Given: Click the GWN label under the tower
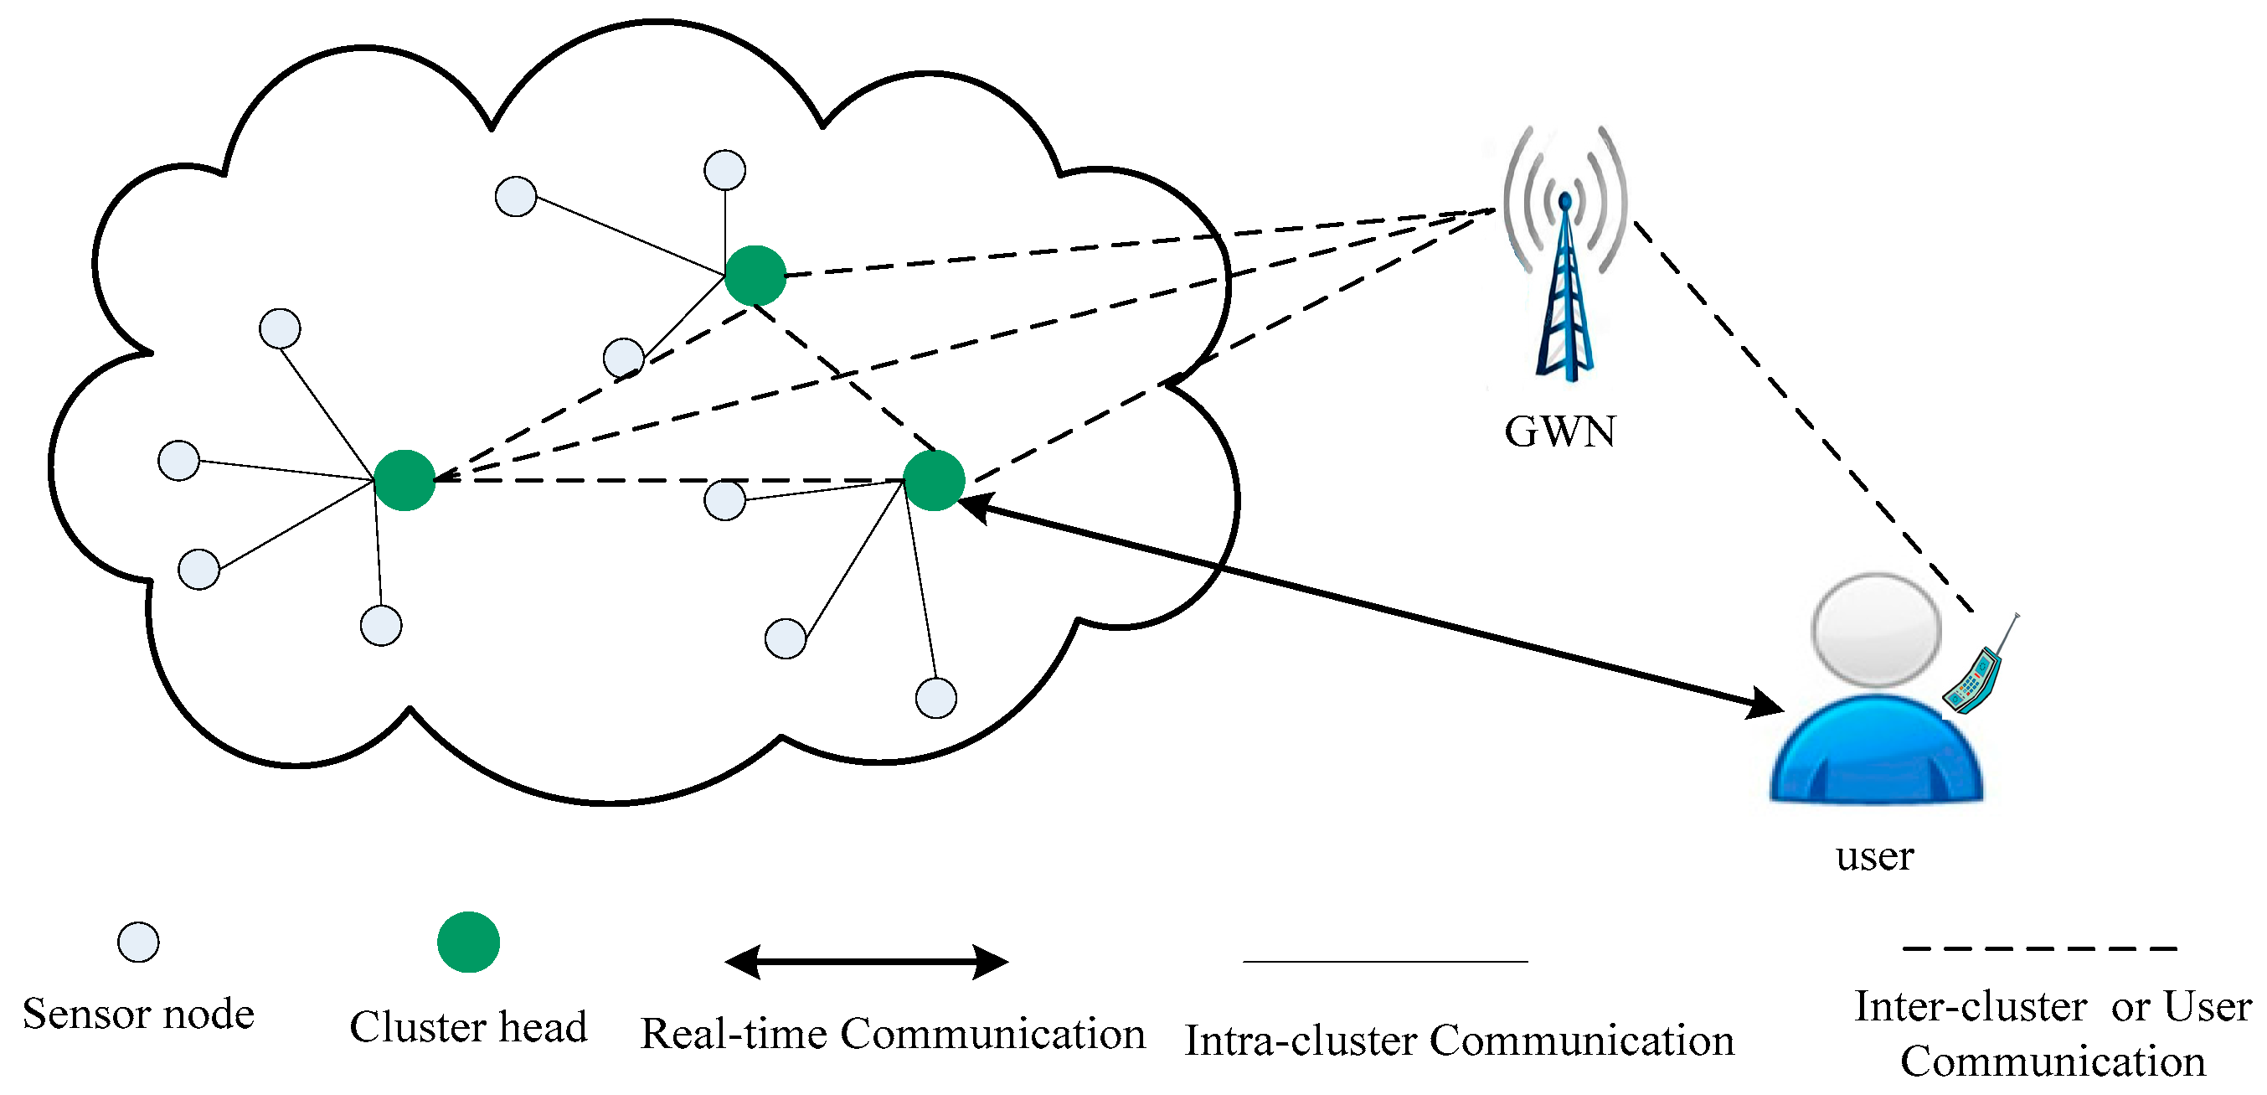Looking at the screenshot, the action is coord(1560,431).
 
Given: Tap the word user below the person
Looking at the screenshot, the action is coord(1874,856).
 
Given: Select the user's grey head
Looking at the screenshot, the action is coord(1876,630).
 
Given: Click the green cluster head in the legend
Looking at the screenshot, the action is coord(468,942).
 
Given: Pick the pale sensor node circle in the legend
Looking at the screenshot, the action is coord(138,942).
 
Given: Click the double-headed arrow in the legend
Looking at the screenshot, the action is coord(866,962).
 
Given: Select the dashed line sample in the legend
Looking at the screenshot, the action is coord(2040,949).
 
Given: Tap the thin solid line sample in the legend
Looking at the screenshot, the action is coord(1385,961).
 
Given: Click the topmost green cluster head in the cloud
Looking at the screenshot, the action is coord(755,276).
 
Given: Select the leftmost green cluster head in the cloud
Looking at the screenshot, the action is coord(404,481).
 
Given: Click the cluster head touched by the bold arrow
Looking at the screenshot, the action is coord(934,481).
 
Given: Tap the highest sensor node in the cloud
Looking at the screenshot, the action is coord(724,170).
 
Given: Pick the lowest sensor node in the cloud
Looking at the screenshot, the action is coord(935,698).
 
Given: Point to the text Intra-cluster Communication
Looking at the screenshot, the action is coord(1459,1041).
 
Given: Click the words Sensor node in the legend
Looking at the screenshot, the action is coord(138,1014).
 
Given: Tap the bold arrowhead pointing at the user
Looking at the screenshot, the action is coord(1765,705).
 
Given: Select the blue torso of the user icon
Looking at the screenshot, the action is coord(1876,748).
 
